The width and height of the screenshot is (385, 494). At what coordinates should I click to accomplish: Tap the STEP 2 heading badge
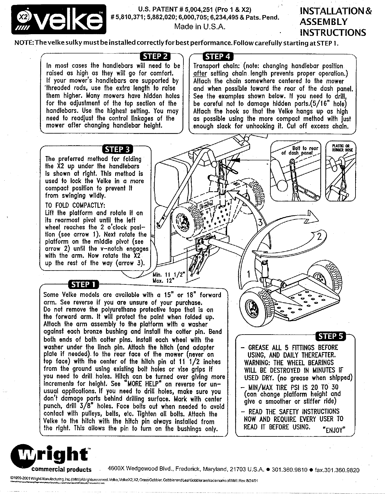point(155,57)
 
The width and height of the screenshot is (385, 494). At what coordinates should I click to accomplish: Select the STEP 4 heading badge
point(218,57)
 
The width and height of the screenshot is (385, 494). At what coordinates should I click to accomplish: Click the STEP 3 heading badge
point(118,149)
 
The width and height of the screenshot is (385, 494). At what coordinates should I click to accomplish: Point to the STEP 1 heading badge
point(83,284)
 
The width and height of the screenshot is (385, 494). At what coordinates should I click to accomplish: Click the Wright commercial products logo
point(51,457)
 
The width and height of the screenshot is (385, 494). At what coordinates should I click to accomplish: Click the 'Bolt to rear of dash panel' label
point(297,151)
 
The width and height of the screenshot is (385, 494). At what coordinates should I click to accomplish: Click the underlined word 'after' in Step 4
point(200,74)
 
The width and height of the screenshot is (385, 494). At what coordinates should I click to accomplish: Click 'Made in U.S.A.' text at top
point(200,26)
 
